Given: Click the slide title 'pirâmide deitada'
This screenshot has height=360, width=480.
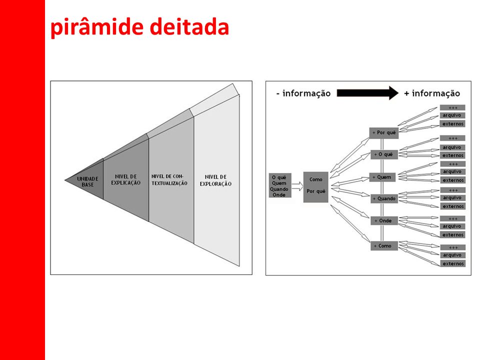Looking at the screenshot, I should tap(139, 28).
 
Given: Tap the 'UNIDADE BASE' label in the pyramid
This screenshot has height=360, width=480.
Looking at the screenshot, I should tap(87, 181).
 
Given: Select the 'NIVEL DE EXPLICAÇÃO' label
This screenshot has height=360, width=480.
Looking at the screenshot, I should tap(126, 179).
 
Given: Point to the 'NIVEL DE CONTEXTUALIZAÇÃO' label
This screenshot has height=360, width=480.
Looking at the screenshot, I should tap(169, 179).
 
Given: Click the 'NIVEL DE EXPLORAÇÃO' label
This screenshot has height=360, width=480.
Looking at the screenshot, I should tap(215, 180).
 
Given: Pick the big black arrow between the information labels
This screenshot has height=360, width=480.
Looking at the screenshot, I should tap(367, 93).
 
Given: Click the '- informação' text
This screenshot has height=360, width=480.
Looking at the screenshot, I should tap(303, 93).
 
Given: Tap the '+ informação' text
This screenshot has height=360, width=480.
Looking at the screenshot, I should tap(432, 93).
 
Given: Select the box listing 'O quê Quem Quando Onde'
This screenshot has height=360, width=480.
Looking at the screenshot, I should tap(280, 186).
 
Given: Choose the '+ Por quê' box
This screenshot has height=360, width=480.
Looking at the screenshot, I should tap(384, 133).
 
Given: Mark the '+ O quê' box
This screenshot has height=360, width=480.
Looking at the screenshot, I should tap(384, 154).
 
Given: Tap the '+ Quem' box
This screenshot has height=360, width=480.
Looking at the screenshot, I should tap(384, 177).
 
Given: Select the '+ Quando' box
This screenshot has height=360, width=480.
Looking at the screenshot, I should tap(384, 198).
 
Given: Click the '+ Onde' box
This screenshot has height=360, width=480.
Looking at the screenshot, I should tap(384, 220).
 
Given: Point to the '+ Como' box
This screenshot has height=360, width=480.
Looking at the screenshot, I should tap(384, 245).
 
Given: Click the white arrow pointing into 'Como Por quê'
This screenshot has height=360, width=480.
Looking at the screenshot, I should tap(297, 186).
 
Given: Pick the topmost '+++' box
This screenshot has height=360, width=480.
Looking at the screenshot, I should tap(453, 107).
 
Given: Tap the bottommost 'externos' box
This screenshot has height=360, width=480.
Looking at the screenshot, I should tap(453, 263).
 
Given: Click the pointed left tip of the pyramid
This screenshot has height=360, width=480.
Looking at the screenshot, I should tap(65, 179).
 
